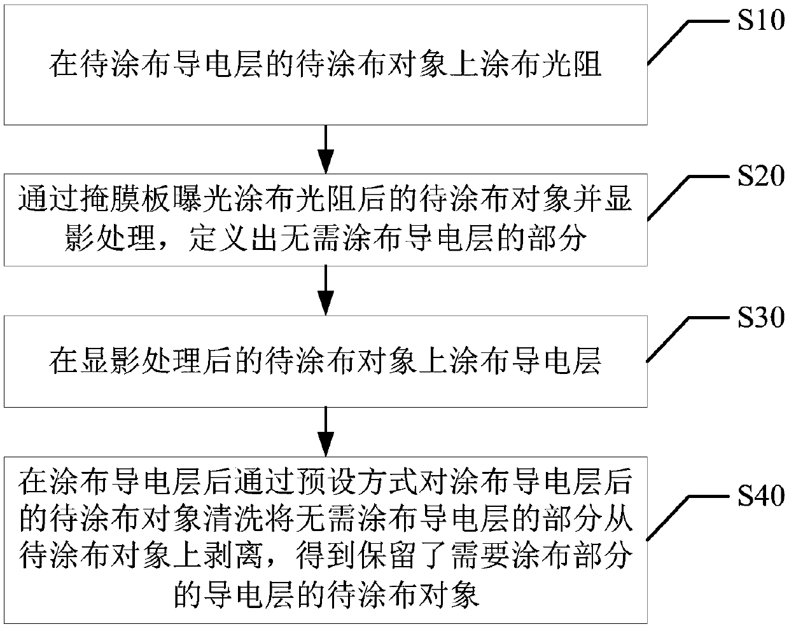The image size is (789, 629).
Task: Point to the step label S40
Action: pos(760,495)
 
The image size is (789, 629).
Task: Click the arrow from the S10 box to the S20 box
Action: pos(326,148)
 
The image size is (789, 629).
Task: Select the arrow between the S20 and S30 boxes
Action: pos(326,289)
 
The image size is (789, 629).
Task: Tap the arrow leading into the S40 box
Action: pos(326,431)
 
